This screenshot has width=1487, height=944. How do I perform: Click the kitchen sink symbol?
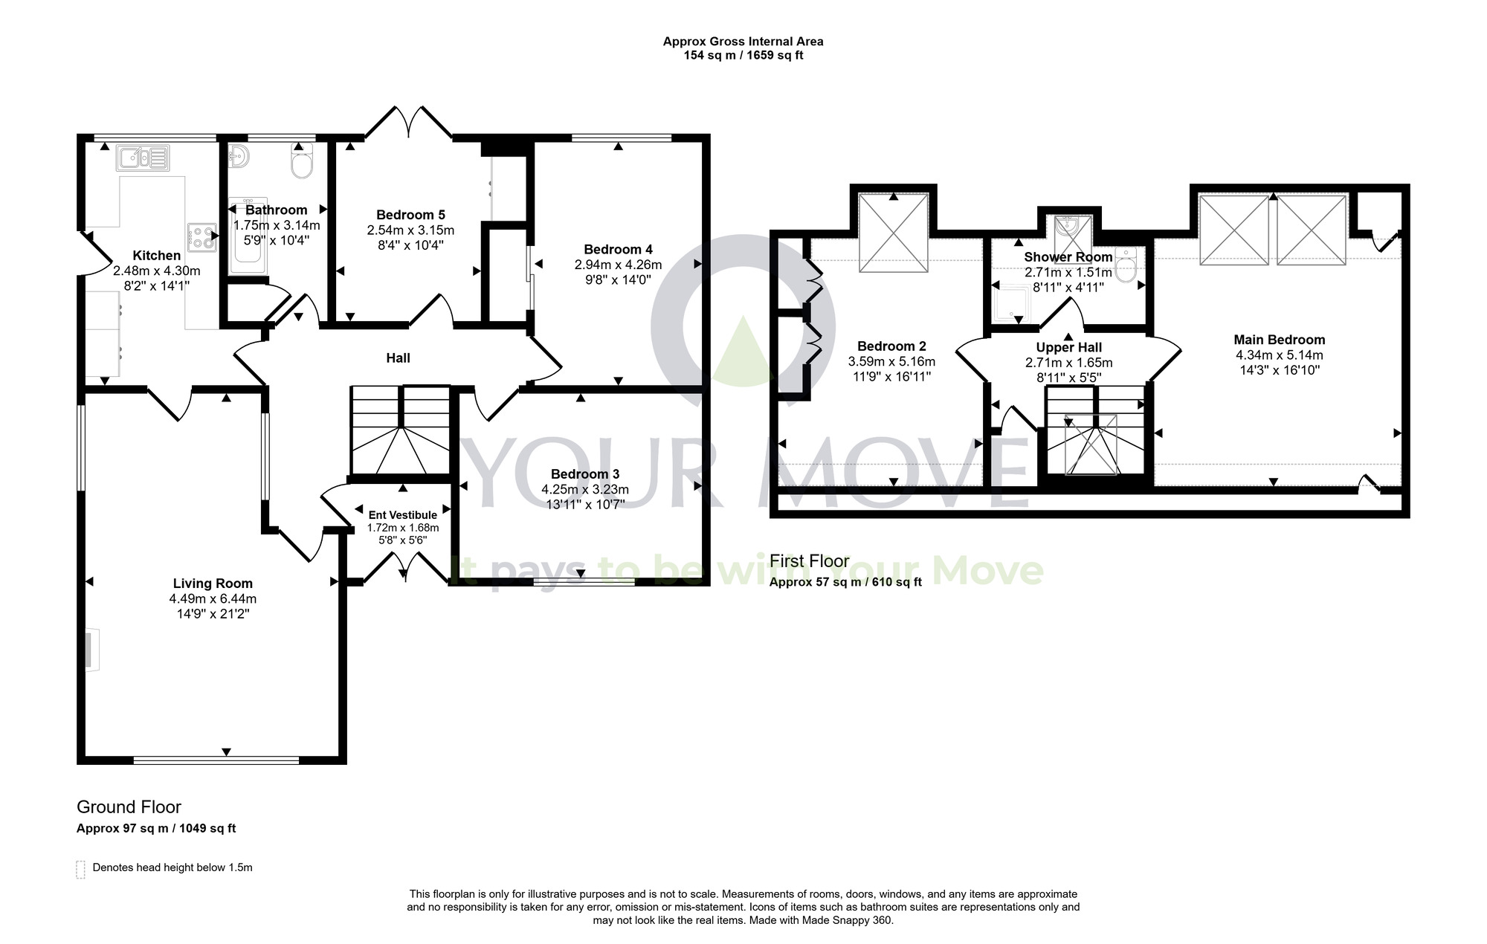point(143,158)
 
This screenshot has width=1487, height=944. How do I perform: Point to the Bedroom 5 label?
point(410,215)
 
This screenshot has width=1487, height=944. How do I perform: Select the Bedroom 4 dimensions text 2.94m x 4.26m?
point(618,265)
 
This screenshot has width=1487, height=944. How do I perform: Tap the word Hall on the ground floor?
point(399,358)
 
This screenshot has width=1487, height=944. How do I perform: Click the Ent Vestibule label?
point(403,515)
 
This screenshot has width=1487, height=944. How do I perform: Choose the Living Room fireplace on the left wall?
point(92,650)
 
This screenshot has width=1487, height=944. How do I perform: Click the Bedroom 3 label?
point(585,474)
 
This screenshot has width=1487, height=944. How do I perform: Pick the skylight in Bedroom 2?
point(893,232)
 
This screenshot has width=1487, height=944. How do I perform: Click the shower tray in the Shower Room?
point(1012,305)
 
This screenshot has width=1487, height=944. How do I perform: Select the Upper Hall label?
point(1069,347)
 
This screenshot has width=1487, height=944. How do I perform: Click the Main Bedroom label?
point(1279,340)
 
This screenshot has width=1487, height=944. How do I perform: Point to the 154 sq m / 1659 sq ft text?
point(743,55)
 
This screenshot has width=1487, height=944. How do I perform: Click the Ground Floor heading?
point(129,807)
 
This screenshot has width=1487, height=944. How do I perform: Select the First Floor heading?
point(809,561)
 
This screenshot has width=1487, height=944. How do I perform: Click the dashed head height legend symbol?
point(81,869)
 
